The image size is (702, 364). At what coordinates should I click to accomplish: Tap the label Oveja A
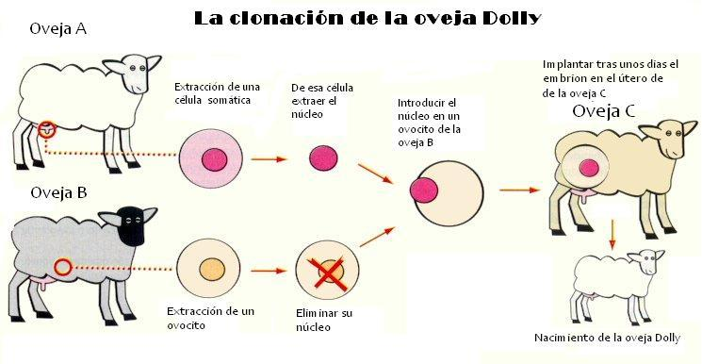[x=58, y=28]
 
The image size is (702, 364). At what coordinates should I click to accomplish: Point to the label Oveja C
[x=604, y=112]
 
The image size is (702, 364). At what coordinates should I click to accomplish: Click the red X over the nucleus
[x=328, y=272]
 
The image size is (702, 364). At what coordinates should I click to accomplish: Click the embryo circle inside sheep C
[x=588, y=170]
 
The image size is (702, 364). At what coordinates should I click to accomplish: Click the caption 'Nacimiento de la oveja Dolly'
[x=606, y=339]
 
